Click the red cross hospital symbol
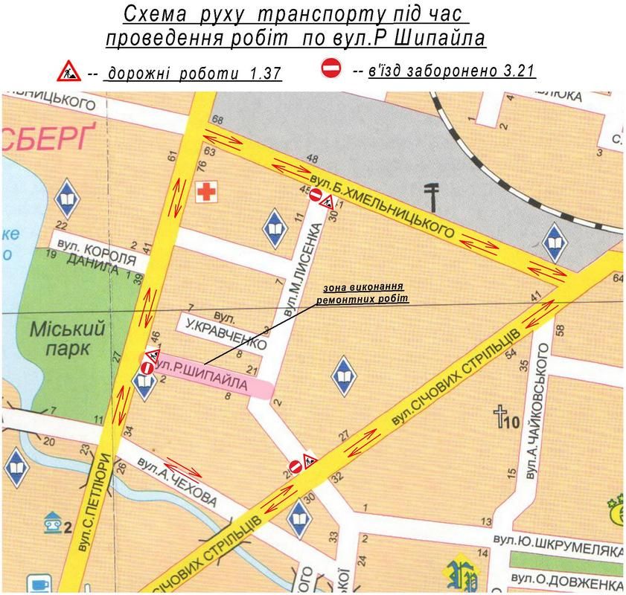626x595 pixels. [x=205, y=193]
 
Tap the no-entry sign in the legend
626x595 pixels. [x=330, y=68]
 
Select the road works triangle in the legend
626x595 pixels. [x=68, y=72]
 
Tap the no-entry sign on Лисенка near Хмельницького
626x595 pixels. [x=315, y=196]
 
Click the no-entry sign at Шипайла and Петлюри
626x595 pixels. [x=147, y=367]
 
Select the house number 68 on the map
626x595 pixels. [x=217, y=120]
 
